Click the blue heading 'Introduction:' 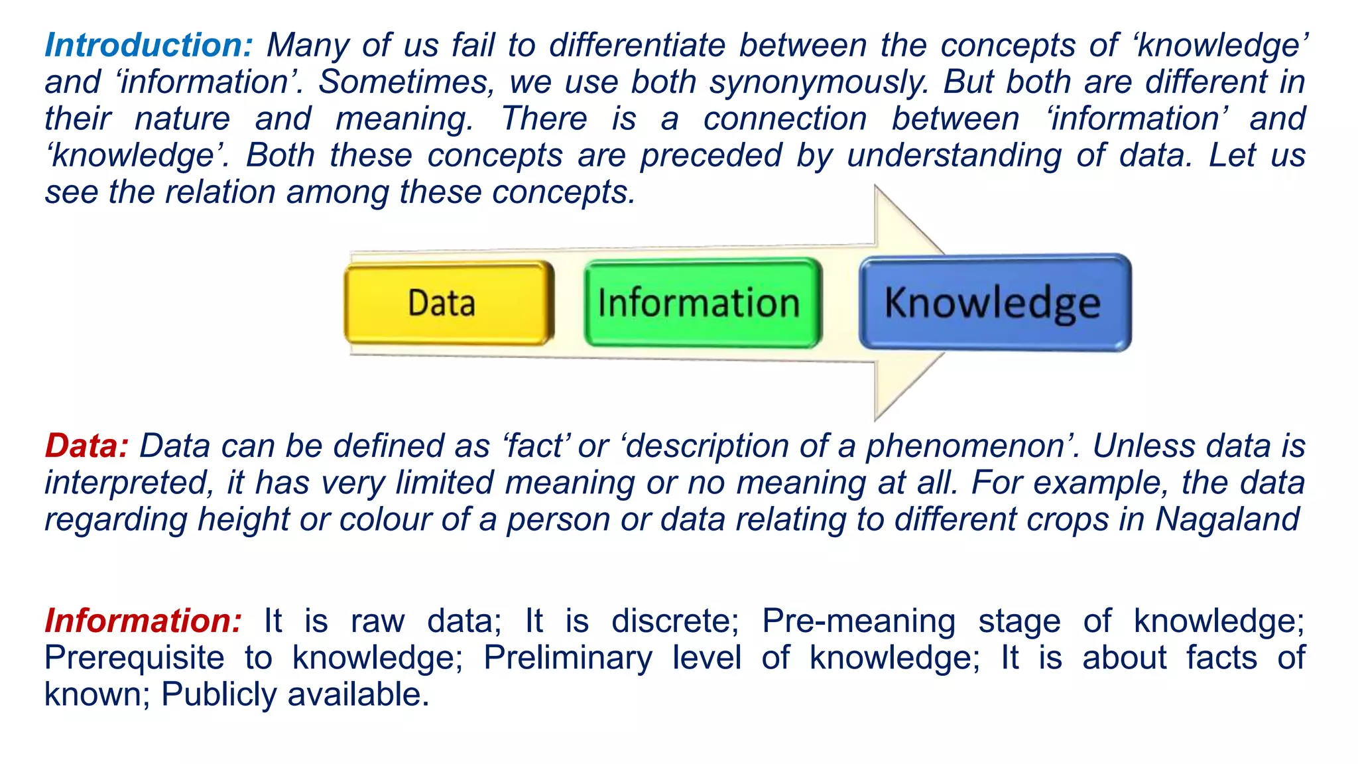(149, 46)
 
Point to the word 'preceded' (711, 156)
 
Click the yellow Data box (449, 303)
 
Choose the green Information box (702, 303)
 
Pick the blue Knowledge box (995, 303)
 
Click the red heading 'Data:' (86, 446)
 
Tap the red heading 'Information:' (143, 621)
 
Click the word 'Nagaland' (1227, 519)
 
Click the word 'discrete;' (674, 621)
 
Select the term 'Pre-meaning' (858, 621)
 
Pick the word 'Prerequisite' (134, 658)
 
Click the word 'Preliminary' (568, 658)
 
